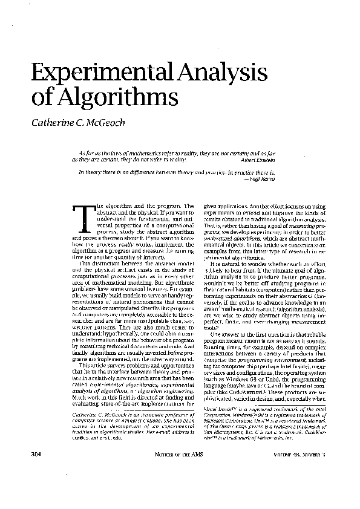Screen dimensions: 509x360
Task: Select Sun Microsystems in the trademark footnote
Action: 227,450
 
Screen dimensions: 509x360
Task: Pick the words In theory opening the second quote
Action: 88,172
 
